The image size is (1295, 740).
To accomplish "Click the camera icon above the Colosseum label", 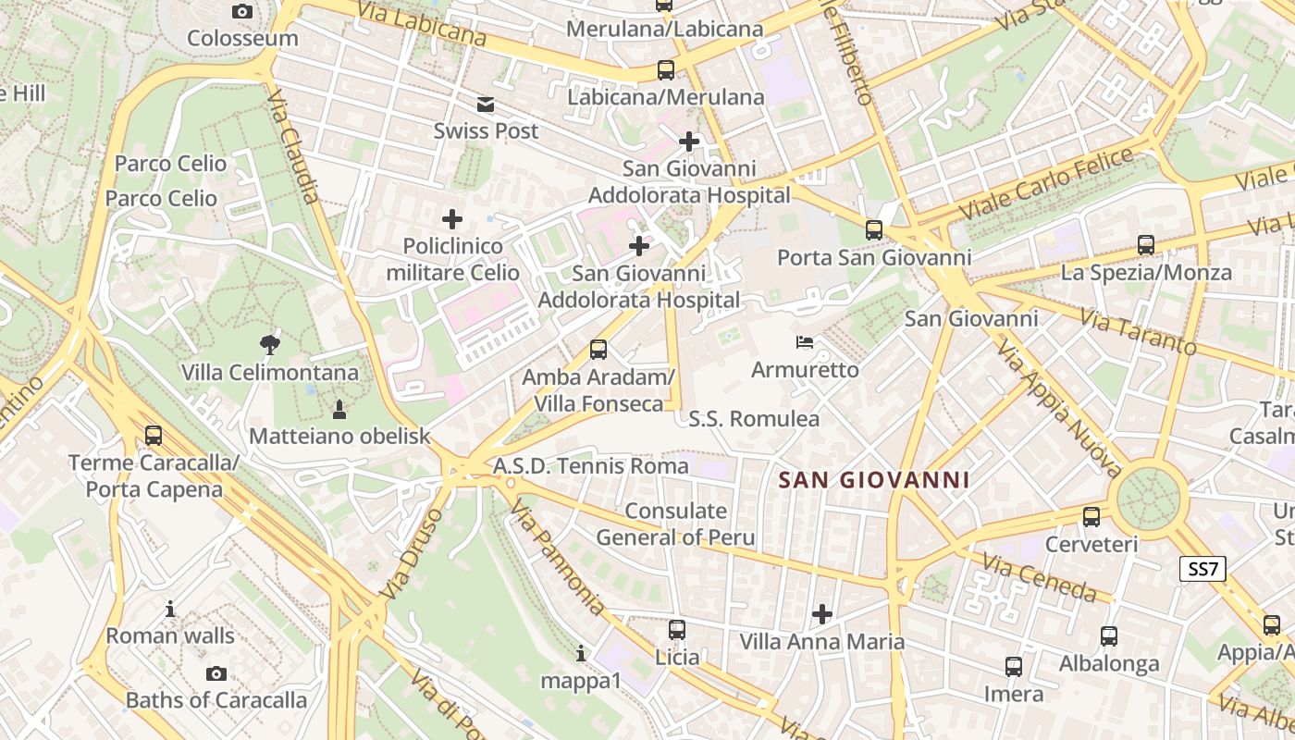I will (242, 11).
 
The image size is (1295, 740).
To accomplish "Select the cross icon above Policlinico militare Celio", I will (452, 219).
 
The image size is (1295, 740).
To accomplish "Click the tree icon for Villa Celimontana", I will (270, 345).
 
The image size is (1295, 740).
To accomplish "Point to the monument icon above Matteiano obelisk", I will (339, 408).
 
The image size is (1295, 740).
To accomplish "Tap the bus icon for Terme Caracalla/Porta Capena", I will (154, 435).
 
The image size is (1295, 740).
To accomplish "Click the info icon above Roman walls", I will (170, 609).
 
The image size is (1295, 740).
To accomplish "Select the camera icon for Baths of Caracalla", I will (216, 673).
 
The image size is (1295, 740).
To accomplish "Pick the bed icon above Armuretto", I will (805, 342).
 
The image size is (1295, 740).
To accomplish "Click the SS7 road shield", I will (1202, 569).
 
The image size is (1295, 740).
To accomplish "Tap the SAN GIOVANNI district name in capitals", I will (874, 480).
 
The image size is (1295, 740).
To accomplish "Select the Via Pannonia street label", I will (559, 559).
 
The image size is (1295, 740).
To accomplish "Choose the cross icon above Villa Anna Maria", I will (821, 613).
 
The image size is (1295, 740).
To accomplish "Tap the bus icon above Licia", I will (677, 630).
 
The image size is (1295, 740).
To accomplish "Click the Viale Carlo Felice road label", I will (1047, 183).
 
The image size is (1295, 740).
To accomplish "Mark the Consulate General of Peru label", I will (675, 524).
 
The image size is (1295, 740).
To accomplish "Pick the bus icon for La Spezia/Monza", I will (1146, 245).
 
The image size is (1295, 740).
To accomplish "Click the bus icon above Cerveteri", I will (1091, 517).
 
